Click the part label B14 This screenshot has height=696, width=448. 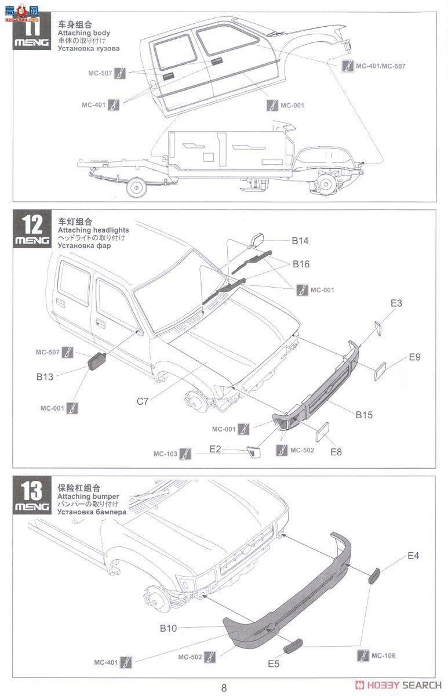click(300, 240)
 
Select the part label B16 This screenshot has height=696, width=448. click(300, 264)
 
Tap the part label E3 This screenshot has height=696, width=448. click(396, 303)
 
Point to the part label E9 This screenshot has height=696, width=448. click(414, 357)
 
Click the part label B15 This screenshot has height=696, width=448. click(364, 415)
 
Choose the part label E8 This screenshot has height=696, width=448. click(336, 451)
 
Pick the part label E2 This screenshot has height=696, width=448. click(216, 448)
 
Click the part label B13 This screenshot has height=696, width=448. click(45, 376)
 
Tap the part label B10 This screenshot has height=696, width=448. click(168, 628)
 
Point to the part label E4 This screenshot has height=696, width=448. click(413, 556)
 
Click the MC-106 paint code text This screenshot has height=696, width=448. click(384, 655)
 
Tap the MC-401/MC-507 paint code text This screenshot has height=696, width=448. click(380, 66)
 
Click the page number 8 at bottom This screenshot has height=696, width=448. click(224, 688)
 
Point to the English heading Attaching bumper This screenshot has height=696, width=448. click(88, 496)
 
